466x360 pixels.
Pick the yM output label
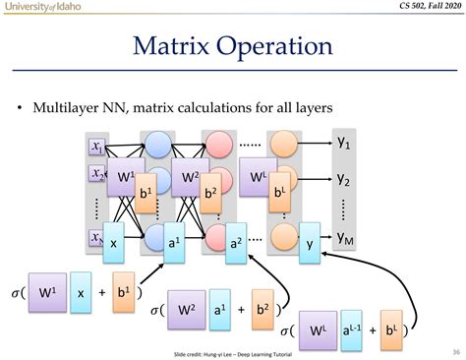(x=346, y=237)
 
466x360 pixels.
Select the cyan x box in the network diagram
(x=114, y=242)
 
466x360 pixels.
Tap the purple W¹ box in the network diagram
(x=123, y=180)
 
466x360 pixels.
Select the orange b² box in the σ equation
(x=262, y=306)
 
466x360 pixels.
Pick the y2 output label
(x=345, y=180)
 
